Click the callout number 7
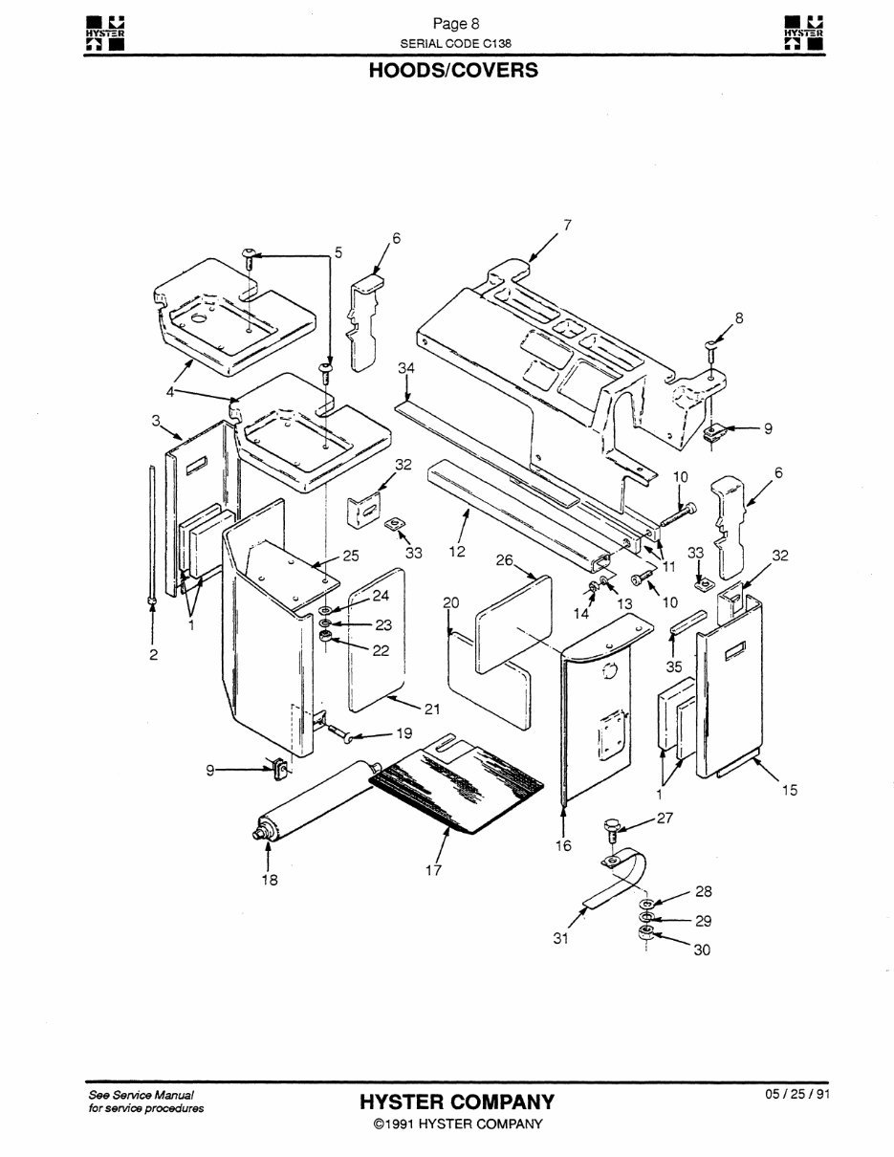[x=567, y=225]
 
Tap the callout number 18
[x=271, y=880]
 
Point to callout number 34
[x=406, y=368]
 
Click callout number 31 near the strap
[x=561, y=938]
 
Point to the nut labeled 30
[x=645, y=934]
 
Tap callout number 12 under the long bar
[x=456, y=551]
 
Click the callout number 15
[x=789, y=790]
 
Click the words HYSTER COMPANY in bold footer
[x=456, y=1102]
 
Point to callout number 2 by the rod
[x=153, y=655]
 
